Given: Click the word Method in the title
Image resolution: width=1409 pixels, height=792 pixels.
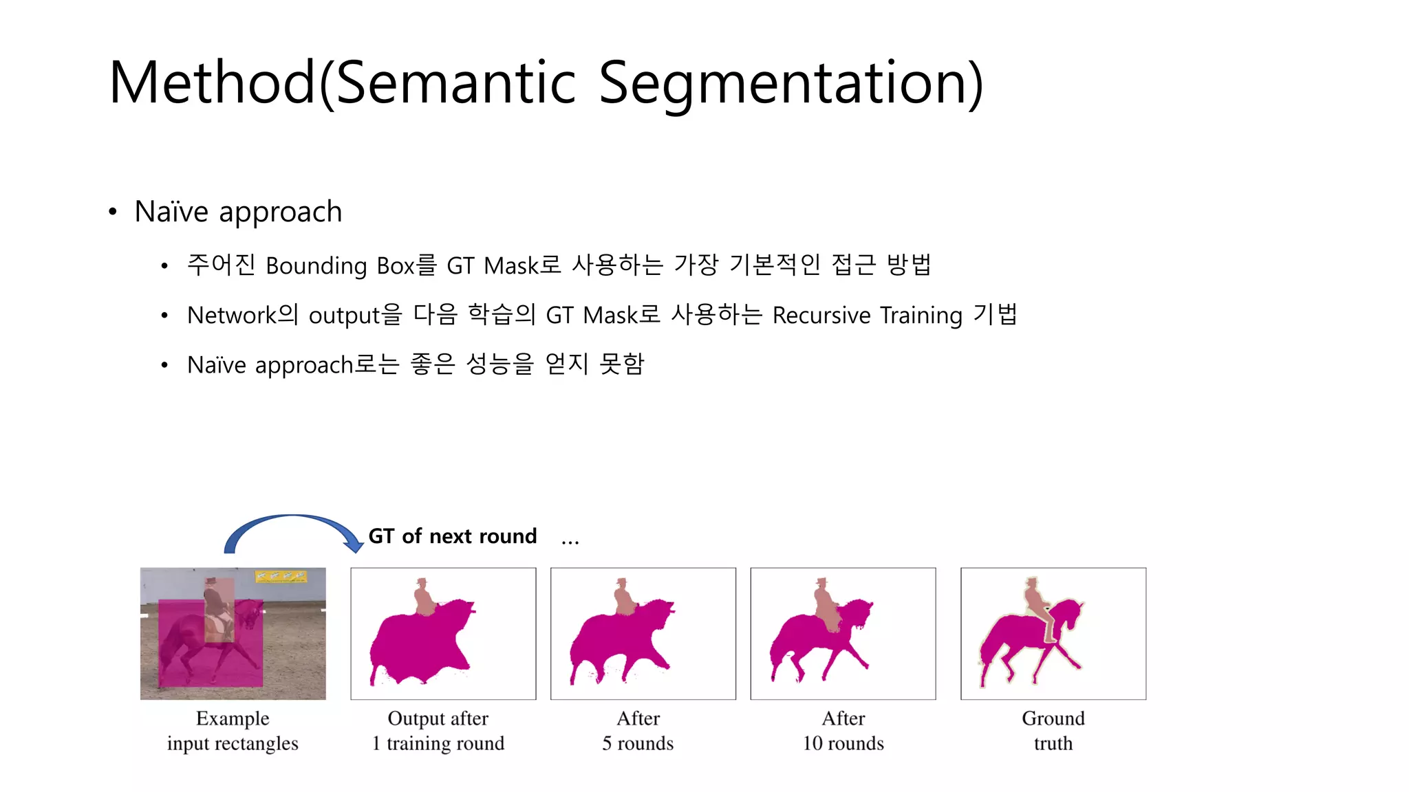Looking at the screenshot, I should point(211,84).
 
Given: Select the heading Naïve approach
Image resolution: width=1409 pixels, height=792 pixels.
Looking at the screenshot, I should point(238,212).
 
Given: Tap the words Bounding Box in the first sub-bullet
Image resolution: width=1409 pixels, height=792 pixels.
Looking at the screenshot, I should point(340,266).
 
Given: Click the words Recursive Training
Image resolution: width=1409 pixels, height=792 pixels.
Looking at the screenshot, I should point(867,316).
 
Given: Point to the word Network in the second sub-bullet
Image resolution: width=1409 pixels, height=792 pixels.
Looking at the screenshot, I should point(231,316).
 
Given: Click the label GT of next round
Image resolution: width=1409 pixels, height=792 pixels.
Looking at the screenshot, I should point(452,536).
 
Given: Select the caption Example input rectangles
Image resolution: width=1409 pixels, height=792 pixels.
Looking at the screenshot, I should point(233,731).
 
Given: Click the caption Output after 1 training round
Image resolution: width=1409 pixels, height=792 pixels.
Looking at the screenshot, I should point(438,731).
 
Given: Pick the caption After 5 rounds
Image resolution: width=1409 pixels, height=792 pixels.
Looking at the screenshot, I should point(638,731).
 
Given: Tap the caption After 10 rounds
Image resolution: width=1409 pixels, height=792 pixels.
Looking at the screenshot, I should point(843,731).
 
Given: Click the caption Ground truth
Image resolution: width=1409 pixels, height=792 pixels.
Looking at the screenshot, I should point(1053,731).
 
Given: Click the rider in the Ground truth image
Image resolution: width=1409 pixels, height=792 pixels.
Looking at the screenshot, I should point(1035,605).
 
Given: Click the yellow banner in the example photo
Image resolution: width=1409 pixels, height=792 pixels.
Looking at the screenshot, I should point(280,576).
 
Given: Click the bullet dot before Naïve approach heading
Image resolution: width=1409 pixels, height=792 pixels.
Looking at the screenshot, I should point(113,212).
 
